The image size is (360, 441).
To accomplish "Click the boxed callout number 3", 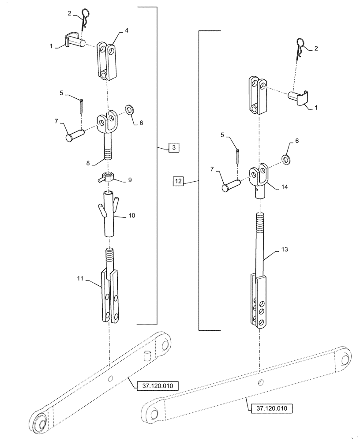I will (174, 148).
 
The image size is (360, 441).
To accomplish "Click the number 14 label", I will (284, 187).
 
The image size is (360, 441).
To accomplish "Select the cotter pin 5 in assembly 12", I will (237, 155).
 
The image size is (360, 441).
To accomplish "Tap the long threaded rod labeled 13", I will (261, 247).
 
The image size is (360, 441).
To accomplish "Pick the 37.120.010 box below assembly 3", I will (157, 386).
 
